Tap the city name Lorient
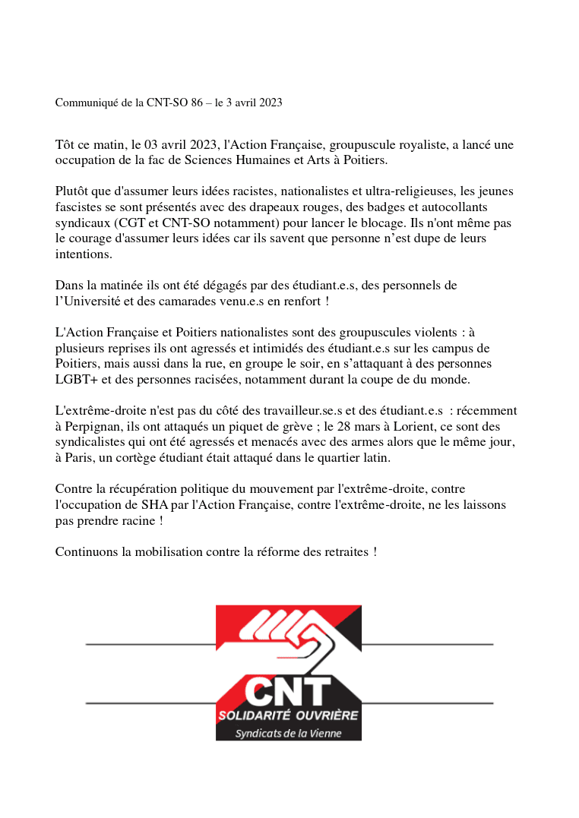tap(344, 427)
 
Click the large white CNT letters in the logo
tap(288, 690)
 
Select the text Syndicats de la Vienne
tap(289, 733)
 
